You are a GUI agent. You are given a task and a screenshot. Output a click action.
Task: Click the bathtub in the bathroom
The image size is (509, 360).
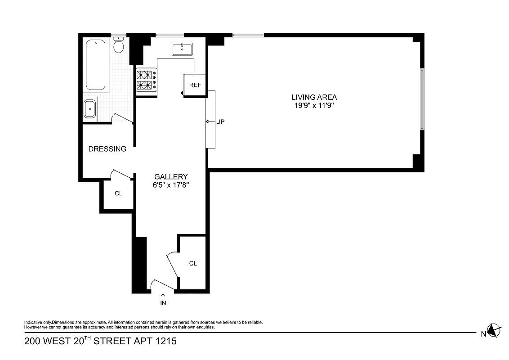95,66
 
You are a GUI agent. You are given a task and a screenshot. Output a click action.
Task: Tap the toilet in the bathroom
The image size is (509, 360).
119,45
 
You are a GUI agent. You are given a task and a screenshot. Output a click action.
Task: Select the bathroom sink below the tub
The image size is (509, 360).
89,108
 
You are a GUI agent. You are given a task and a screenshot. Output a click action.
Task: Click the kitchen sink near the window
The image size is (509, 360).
182,49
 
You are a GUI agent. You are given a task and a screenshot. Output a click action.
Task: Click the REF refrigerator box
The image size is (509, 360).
195,85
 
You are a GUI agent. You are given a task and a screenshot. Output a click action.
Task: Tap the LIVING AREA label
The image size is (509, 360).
314,97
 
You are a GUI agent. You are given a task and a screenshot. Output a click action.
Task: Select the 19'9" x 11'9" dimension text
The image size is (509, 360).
314,106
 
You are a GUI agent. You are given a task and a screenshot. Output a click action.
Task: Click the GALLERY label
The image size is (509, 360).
171,177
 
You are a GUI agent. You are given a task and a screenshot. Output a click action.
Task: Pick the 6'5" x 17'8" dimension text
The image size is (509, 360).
171,185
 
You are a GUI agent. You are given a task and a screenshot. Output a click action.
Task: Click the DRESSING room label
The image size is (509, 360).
107,149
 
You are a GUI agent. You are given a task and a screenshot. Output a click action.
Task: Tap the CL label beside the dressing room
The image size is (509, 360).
118,193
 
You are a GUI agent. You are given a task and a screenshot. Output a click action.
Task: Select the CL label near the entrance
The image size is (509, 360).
193,263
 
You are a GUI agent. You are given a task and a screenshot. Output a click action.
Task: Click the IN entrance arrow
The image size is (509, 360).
163,300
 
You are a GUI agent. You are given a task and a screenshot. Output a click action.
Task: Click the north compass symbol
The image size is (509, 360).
494,330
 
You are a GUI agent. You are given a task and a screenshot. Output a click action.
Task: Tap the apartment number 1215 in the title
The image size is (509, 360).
165,341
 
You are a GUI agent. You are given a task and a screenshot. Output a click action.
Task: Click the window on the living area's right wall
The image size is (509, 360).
422,99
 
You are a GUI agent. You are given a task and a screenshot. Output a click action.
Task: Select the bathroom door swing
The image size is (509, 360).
121,118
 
